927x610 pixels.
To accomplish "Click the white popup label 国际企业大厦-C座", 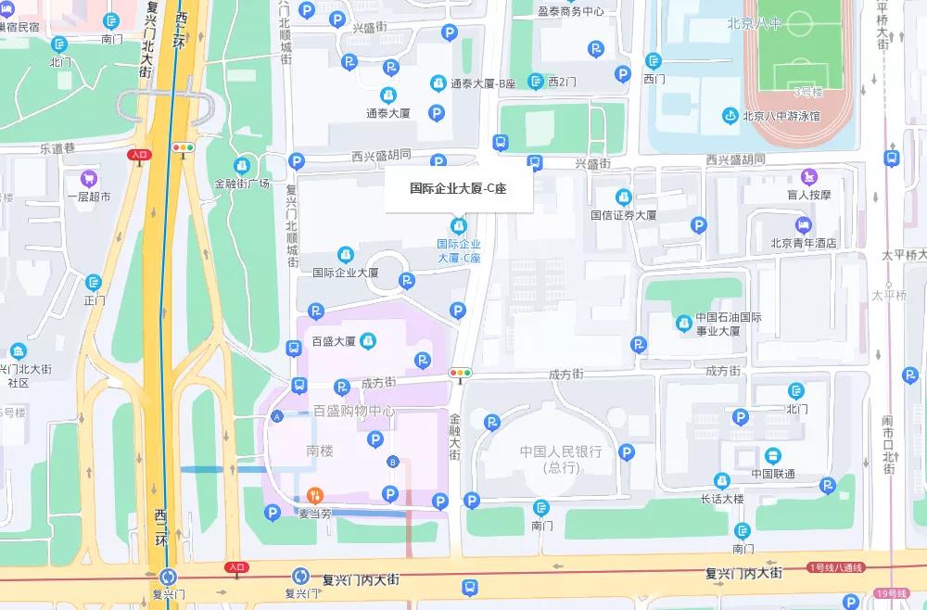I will click(x=458, y=188).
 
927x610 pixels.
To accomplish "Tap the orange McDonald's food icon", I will click(x=315, y=495).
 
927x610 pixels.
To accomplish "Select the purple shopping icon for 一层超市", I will click(x=89, y=178).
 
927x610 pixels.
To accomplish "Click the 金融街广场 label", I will click(x=242, y=183).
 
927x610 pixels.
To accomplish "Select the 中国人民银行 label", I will click(x=561, y=452).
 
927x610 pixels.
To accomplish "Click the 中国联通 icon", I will click(x=773, y=455).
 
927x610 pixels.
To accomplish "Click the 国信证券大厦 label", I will click(x=624, y=215).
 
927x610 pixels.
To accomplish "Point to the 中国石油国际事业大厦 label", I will click(x=729, y=324).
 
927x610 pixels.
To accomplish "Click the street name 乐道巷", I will click(x=57, y=147).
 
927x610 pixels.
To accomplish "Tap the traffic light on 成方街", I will click(x=460, y=373).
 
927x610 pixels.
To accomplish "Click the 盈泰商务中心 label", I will click(x=570, y=11).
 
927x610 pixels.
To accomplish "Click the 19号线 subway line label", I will click(x=895, y=593).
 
